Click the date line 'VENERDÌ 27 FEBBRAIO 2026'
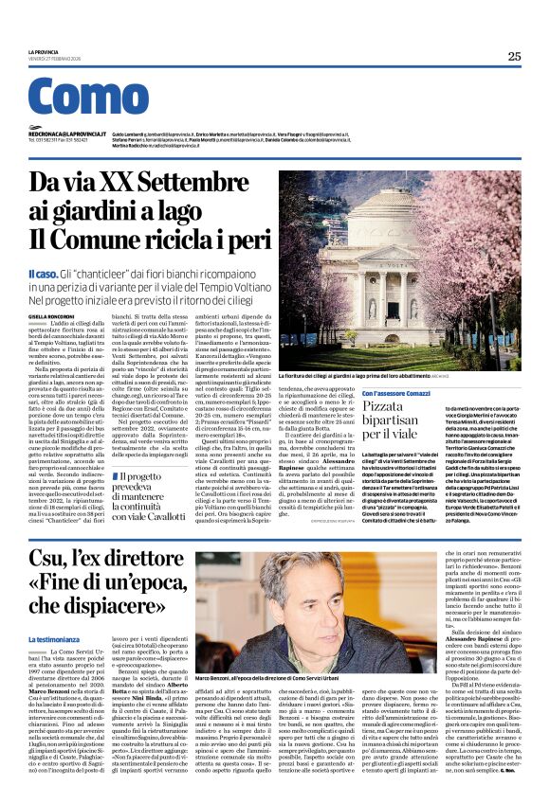(x=57, y=59)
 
